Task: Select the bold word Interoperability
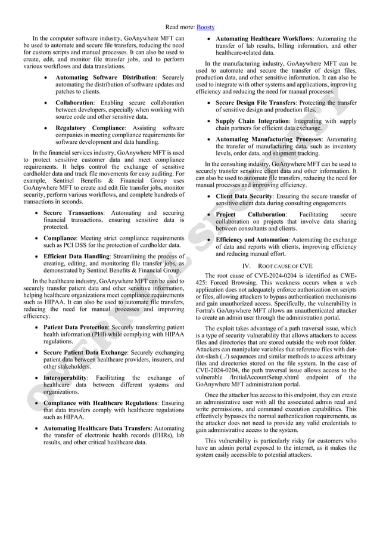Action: [x=66, y=378]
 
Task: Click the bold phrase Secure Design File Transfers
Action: [x=261, y=103]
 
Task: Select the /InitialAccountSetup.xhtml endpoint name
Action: [x=262, y=377]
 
